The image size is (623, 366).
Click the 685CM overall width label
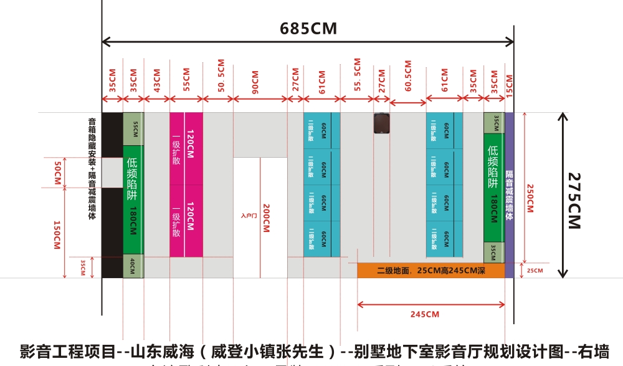(308, 28)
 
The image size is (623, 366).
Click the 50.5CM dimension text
(221, 75)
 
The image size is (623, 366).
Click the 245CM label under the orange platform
(425, 314)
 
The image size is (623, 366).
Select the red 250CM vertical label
(530, 198)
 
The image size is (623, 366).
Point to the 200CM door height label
(266, 218)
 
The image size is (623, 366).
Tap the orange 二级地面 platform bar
(430, 270)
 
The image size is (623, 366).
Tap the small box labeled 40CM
(133, 266)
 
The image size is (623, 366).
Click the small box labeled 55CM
(133, 128)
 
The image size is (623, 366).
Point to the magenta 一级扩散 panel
(186, 185)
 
